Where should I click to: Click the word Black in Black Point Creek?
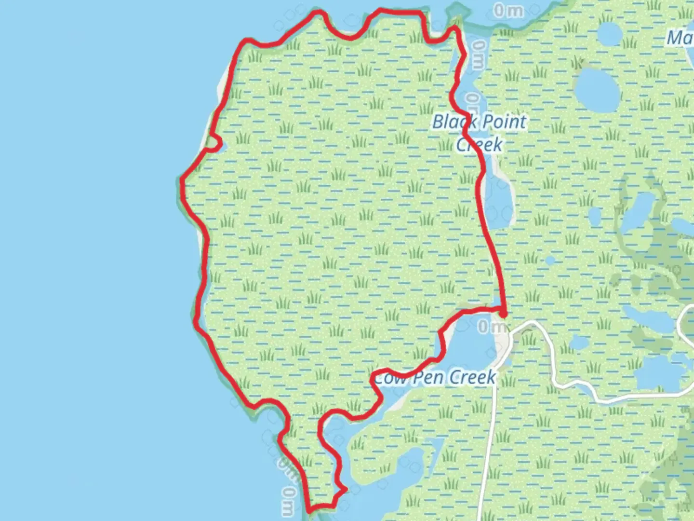452,122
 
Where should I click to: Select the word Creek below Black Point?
479,144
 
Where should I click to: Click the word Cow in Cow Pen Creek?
390,378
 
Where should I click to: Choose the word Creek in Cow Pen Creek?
472,377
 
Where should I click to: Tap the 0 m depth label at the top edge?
508,10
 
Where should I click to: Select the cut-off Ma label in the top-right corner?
680,38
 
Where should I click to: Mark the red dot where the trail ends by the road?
503,315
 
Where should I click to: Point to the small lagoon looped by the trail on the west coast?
214,143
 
